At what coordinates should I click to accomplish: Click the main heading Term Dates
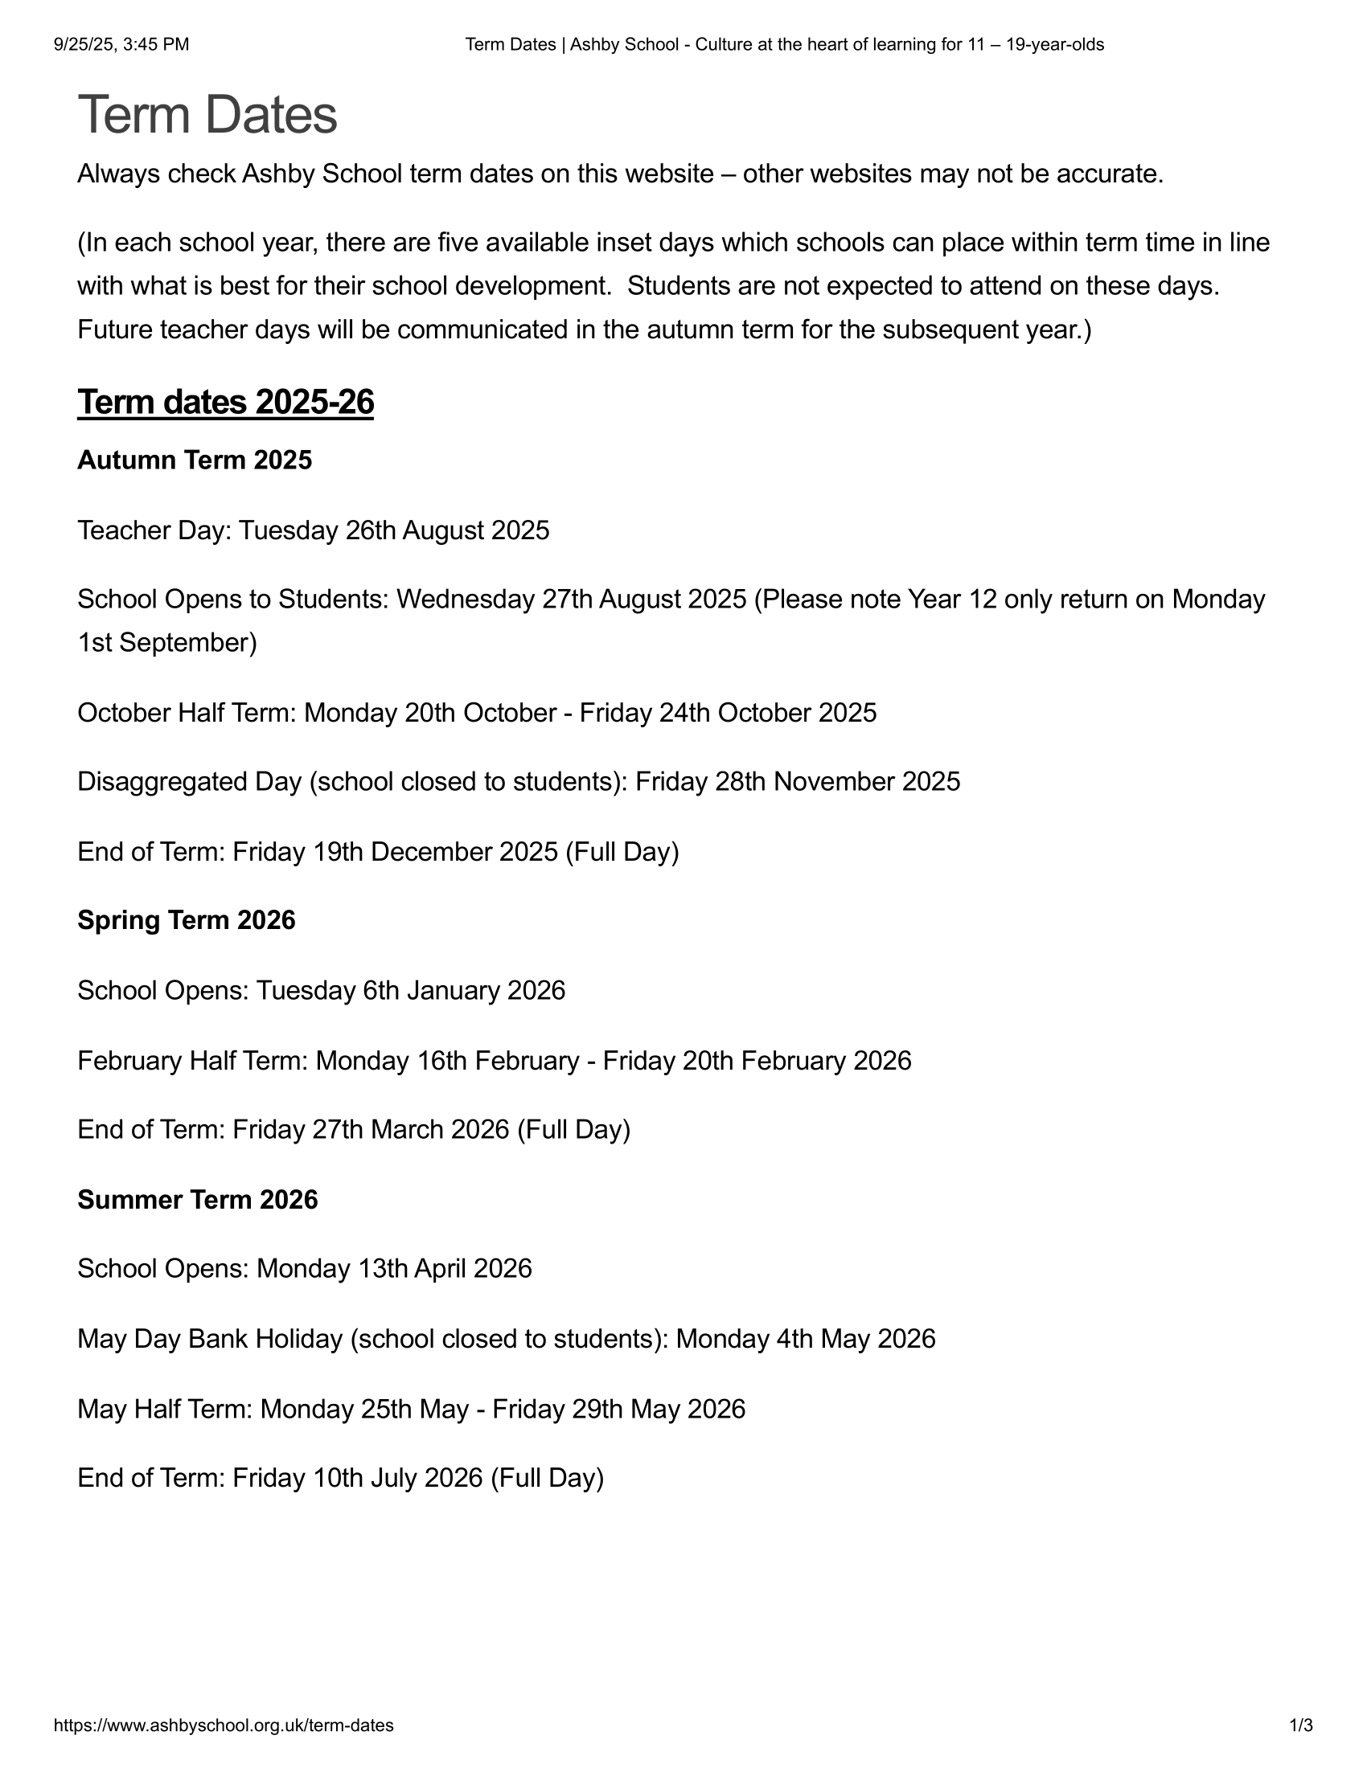coord(207,115)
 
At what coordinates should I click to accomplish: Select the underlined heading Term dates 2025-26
coord(225,403)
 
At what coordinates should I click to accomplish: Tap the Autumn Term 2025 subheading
coord(195,460)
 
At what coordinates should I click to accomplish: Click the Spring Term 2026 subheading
coord(187,920)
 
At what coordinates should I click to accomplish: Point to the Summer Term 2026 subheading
coord(198,1199)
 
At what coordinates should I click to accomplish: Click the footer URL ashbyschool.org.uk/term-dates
coord(224,1725)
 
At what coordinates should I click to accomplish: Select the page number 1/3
coord(1301,1725)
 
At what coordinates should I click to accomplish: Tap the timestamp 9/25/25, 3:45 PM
coord(121,44)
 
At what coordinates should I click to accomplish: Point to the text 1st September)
coord(166,643)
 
